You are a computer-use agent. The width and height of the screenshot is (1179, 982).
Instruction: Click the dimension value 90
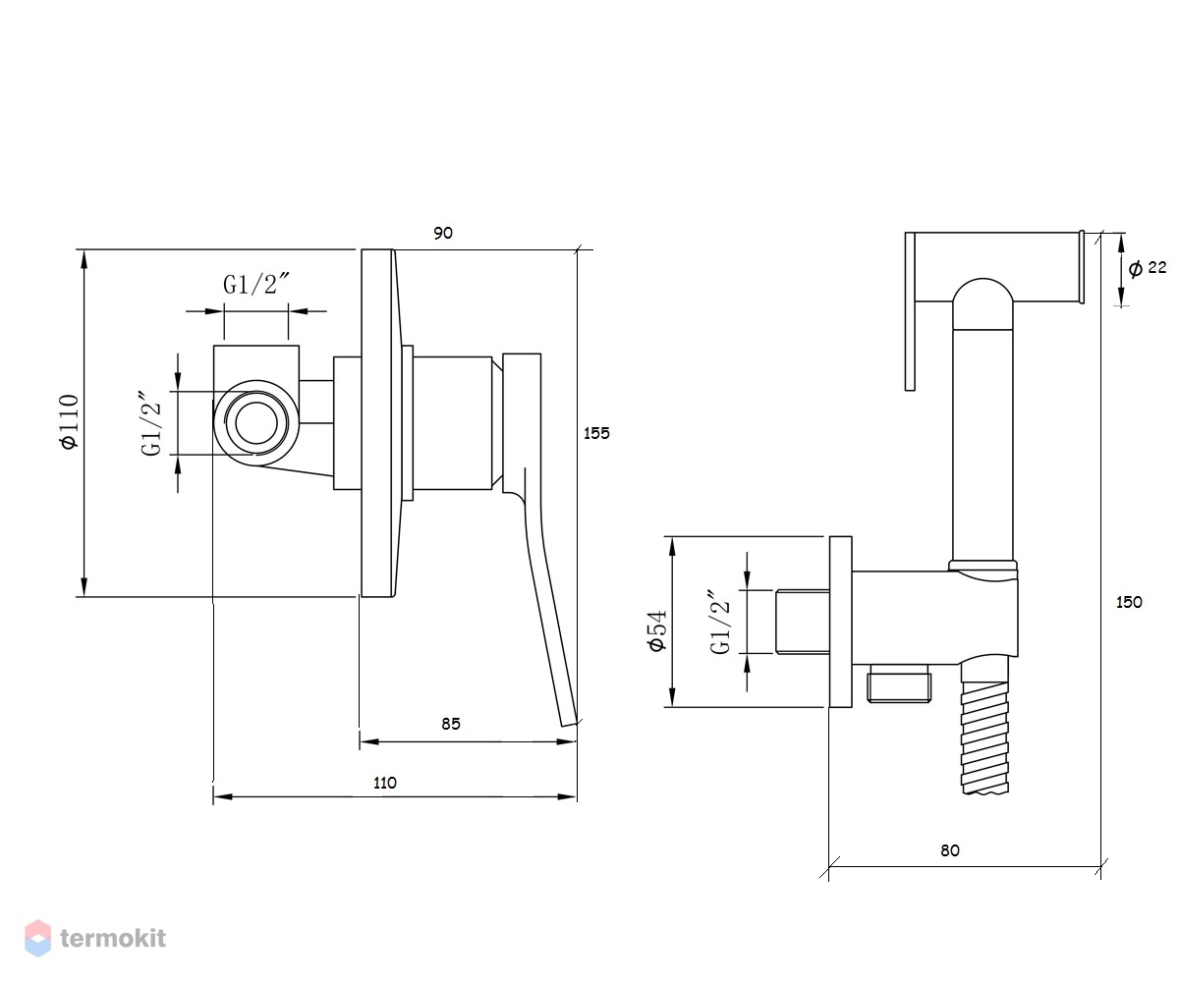click(443, 233)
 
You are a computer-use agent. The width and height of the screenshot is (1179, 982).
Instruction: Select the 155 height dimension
click(596, 433)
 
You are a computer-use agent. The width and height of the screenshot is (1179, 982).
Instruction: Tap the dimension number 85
click(451, 724)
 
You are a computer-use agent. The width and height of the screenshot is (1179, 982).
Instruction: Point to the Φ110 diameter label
click(69, 421)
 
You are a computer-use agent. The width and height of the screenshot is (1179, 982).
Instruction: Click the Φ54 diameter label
click(658, 631)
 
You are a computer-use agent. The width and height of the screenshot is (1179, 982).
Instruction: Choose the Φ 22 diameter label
click(1148, 268)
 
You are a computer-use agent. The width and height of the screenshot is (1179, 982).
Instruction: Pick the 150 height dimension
click(1129, 602)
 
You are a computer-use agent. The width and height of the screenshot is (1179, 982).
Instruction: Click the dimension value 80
click(950, 850)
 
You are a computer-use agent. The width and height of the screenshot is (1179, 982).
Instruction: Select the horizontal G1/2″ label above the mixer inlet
click(256, 284)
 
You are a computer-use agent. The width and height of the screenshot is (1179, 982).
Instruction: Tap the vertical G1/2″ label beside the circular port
click(152, 422)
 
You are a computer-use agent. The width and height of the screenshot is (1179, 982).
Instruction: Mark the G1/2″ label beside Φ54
click(720, 622)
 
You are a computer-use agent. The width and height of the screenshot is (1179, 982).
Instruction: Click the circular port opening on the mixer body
click(256, 422)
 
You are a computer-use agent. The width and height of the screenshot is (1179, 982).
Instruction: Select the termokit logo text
click(113, 939)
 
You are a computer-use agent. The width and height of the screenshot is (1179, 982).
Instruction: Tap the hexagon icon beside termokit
click(38, 938)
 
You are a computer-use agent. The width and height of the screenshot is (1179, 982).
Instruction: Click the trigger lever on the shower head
click(910, 311)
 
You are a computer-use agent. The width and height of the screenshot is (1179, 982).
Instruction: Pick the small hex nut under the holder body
click(900, 683)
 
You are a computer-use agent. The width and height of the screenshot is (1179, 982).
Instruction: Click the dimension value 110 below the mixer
click(385, 784)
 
